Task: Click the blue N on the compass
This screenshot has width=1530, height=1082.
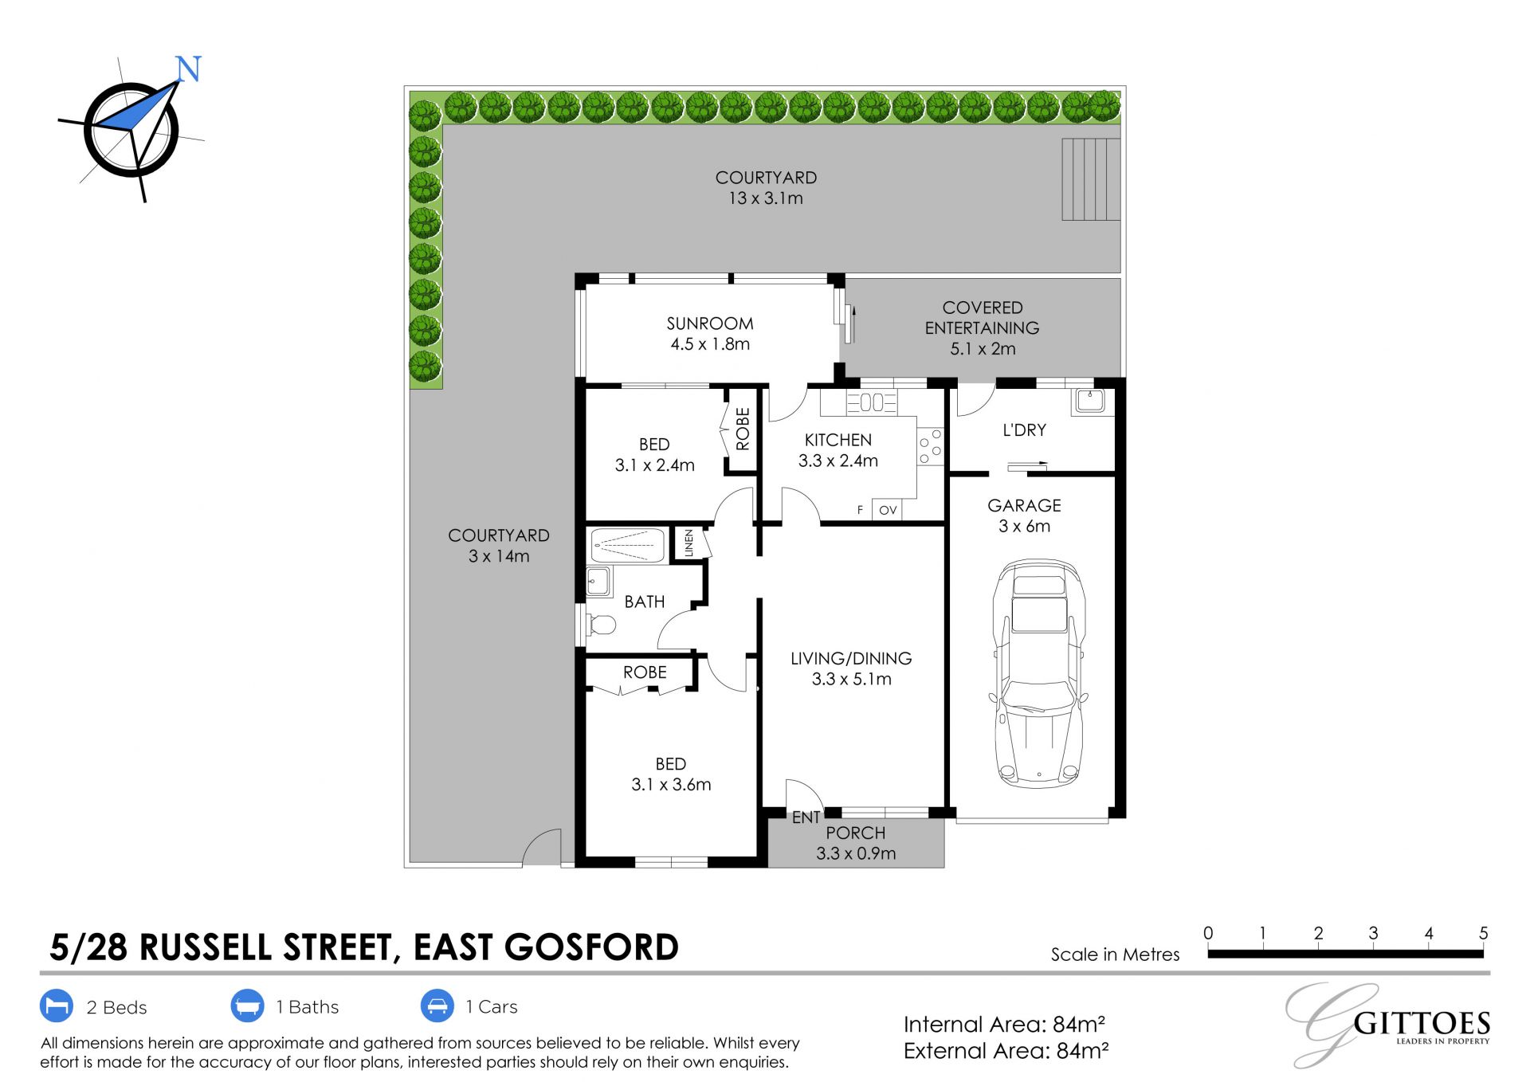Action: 188,69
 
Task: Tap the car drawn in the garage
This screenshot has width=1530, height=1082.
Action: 1038,674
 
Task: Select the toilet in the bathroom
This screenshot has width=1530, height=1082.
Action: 601,624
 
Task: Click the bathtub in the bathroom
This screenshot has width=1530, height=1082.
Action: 628,545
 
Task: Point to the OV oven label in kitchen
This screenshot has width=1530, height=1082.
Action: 888,510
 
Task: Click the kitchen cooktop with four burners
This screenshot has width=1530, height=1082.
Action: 930,446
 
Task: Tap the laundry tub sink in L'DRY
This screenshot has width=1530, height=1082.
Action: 1089,400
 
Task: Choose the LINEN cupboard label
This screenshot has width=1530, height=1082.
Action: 689,543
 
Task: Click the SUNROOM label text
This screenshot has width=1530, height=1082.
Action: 710,323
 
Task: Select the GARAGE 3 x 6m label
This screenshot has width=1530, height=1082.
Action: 1025,516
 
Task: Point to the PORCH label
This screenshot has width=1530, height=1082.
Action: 856,833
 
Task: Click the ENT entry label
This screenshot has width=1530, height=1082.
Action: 806,817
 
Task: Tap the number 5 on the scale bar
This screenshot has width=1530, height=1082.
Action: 1483,933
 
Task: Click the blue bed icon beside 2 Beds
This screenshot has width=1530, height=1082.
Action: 56,1006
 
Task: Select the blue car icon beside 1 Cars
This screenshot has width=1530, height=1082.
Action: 437,1006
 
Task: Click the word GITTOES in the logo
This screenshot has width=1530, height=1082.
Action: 1422,1023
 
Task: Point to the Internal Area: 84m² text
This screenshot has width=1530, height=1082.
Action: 1004,1024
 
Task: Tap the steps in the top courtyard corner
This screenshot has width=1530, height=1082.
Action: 1091,179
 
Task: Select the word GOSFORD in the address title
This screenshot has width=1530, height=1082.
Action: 591,947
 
